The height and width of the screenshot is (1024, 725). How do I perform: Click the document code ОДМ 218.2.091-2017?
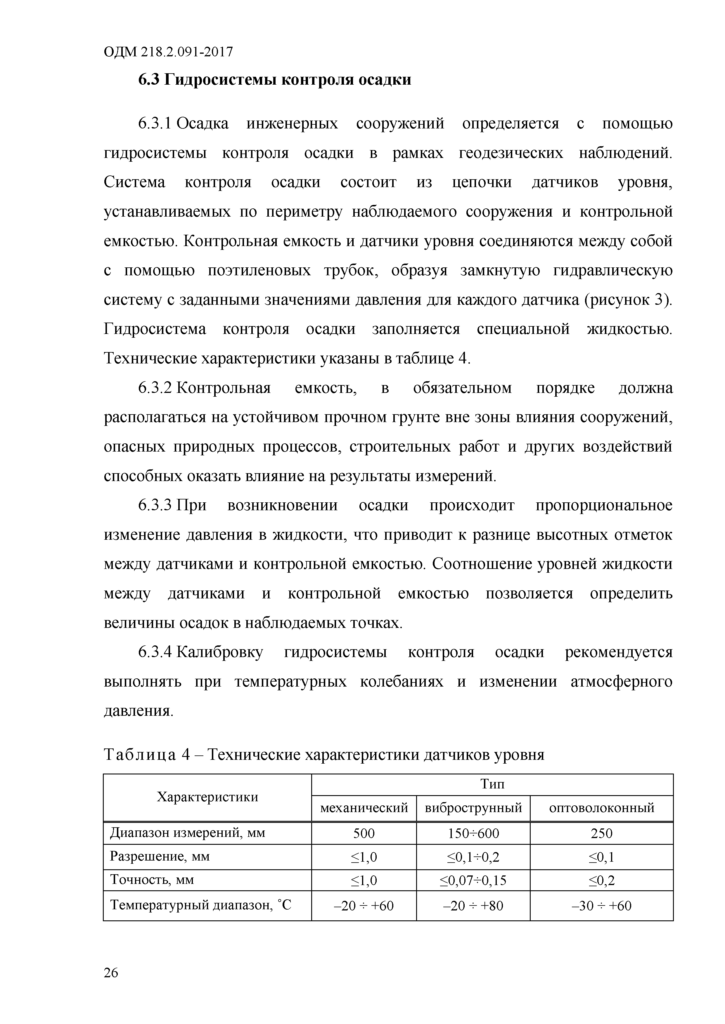click(x=168, y=53)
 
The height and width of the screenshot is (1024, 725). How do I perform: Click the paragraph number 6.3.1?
click(x=155, y=123)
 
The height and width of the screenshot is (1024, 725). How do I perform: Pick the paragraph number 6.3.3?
click(x=155, y=506)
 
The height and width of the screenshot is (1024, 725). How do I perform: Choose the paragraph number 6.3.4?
click(x=155, y=652)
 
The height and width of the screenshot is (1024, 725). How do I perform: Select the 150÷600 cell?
click(x=473, y=833)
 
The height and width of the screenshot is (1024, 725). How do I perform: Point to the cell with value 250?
click(x=601, y=833)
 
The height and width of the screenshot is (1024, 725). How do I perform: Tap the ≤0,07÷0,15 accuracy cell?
click(x=473, y=880)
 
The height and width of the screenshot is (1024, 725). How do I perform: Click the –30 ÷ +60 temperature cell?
click(x=601, y=906)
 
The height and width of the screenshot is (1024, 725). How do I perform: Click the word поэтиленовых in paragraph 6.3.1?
click(x=259, y=271)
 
